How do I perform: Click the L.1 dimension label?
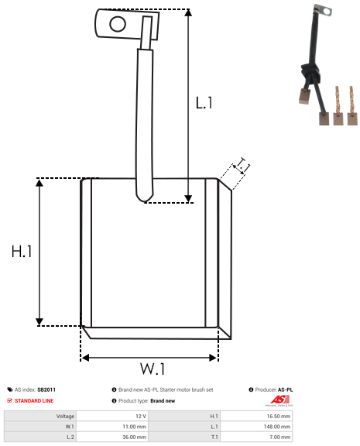coord(204,103)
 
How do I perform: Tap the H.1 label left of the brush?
coord(22,252)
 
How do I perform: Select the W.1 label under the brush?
coord(153,369)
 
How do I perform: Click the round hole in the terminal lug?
coord(118,24)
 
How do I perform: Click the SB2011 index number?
coord(46,389)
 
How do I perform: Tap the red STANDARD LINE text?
coord(34,401)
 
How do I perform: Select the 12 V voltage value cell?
coord(141,416)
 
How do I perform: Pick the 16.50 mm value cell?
coord(279,416)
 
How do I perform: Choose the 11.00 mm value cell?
coord(134,427)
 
